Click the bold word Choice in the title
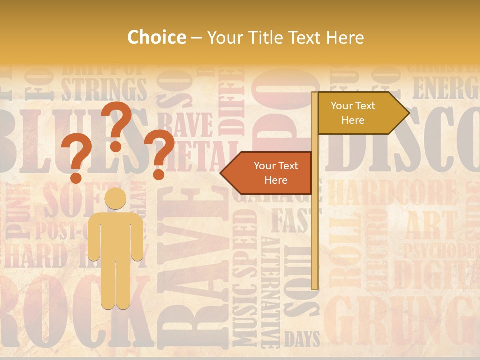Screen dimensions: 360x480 (156, 37)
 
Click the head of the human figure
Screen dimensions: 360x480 (115, 198)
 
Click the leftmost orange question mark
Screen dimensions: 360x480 (76, 160)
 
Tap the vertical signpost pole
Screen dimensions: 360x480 (315, 240)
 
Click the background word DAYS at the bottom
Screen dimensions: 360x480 (302, 340)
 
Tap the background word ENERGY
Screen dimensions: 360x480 (445, 88)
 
